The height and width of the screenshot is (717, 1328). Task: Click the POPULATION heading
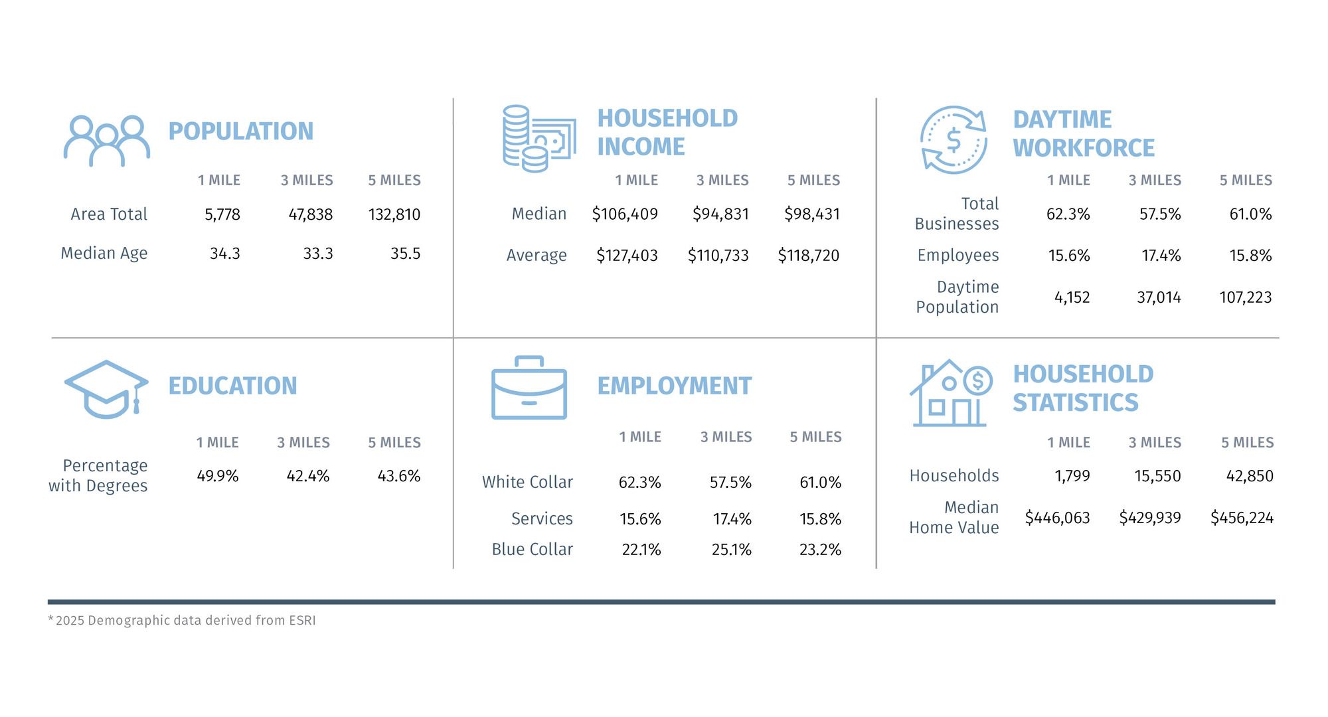click(x=240, y=131)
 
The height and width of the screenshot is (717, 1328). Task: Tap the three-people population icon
click(x=106, y=141)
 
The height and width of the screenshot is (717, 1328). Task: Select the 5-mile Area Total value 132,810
click(x=394, y=214)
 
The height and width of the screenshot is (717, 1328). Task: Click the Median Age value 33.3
click(x=317, y=254)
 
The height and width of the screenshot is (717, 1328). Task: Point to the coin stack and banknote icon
click(x=539, y=139)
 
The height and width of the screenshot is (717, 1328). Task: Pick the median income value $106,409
click(x=624, y=214)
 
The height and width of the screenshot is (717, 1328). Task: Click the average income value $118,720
click(x=808, y=256)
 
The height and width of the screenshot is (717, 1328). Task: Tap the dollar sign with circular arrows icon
click(x=954, y=140)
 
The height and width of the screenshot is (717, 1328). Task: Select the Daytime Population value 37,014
click(x=1159, y=297)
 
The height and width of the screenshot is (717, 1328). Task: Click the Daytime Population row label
click(x=957, y=297)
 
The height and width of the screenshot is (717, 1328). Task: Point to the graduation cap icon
click(x=106, y=389)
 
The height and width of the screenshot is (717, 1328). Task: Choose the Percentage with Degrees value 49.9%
click(x=217, y=476)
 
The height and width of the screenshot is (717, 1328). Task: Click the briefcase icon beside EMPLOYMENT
click(x=529, y=388)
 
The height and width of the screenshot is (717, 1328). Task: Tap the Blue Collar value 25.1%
click(x=731, y=550)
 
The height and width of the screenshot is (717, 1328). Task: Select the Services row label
click(x=542, y=518)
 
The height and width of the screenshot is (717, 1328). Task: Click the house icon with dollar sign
click(x=950, y=393)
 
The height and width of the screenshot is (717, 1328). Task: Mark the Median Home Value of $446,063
click(x=1057, y=518)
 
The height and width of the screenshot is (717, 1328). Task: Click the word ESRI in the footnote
click(x=302, y=621)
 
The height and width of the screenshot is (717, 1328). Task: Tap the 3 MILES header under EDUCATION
click(x=303, y=443)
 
